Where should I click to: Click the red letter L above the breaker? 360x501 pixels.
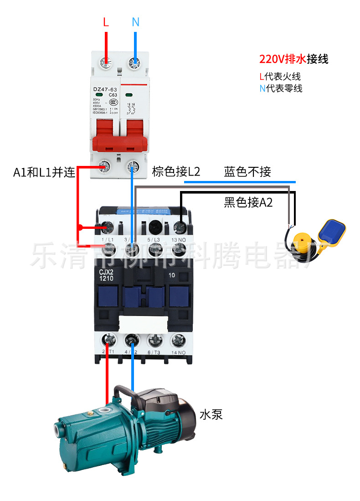(x=106, y=22)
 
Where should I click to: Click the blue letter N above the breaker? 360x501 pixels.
(x=135, y=22)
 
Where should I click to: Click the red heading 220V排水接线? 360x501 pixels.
(x=293, y=59)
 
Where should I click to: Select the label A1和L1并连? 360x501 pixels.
(x=44, y=172)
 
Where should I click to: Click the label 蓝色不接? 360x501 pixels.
(x=247, y=172)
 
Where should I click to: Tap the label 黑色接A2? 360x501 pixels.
(x=248, y=202)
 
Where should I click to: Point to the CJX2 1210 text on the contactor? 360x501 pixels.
(x=106, y=274)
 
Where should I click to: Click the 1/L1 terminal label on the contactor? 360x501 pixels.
(x=108, y=239)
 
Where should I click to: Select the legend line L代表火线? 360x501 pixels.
(x=280, y=77)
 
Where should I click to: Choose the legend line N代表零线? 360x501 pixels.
(x=281, y=88)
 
